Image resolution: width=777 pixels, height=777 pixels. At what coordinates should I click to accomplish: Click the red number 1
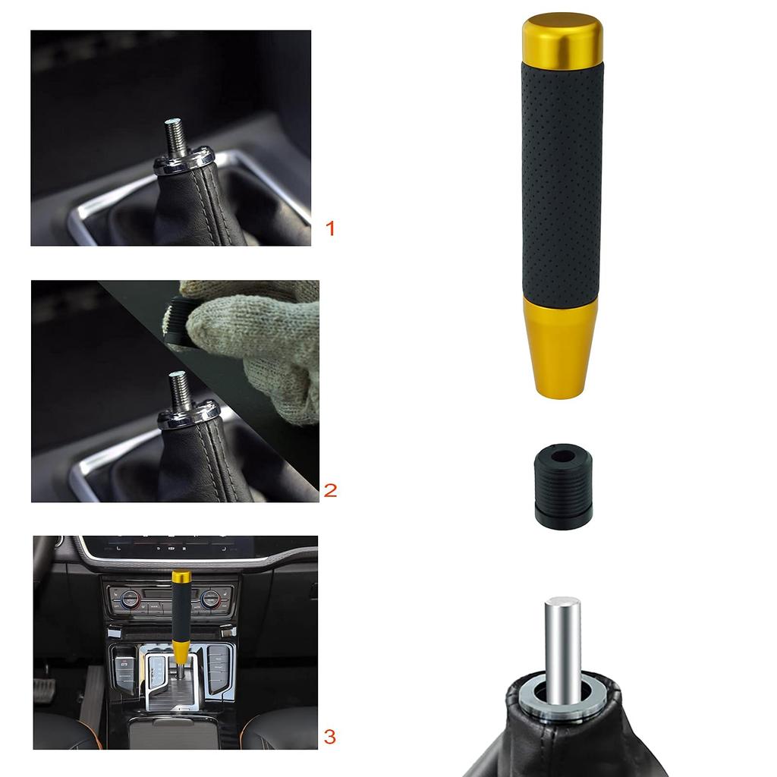click(x=329, y=228)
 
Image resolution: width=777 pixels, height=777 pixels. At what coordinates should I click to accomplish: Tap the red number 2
click(x=330, y=490)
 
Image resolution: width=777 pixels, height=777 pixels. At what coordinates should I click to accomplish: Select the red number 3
click(x=329, y=736)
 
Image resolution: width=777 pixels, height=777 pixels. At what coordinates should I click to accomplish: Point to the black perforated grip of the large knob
click(x=562, y=182)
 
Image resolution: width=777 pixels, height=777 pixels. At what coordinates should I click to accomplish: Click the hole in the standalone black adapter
click(x=563, y=457)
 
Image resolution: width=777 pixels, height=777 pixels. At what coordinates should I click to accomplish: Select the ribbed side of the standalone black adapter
click(x=563, y=493)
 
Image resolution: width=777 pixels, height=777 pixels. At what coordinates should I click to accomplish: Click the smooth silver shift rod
click(x=562, y=645)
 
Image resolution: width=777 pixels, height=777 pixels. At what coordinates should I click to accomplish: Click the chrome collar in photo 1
click(x=184, y=162)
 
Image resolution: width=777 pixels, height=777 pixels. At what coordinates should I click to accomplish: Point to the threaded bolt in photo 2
click(x=180, y=391)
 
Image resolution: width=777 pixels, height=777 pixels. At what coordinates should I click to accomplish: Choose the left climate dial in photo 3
click(x=131, y=599)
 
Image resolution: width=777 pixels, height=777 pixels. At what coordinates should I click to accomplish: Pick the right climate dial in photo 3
click(x=210, y=599)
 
